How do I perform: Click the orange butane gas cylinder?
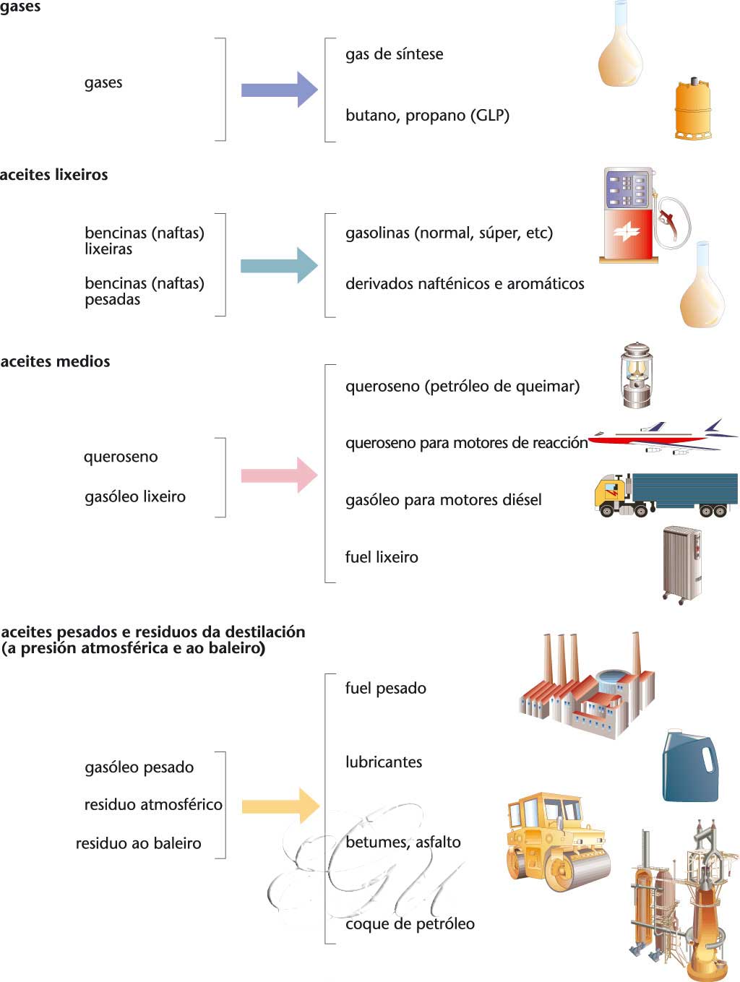click(x=693, y=109)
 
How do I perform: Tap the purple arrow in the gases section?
click(x=279, y=90)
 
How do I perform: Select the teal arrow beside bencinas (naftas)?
click(x=279, y=265)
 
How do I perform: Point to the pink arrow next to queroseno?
click(x=279, y=475)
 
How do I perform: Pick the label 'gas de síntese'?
click(x=394, y=54)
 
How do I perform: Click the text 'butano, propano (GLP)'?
click(x=427, y=116)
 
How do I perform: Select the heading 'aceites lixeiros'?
click(x=54, y=175)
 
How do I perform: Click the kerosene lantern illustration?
click(x=636, y=375)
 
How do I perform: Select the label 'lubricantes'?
click(x=384, y=762)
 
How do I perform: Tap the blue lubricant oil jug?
click(x=690, y=767)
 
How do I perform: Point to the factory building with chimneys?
click(x=587, y=690)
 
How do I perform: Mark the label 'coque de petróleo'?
click(x=410, y=924)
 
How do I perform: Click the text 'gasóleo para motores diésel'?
click(x=443, y=500)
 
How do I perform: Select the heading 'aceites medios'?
click(x=56, y=362)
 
